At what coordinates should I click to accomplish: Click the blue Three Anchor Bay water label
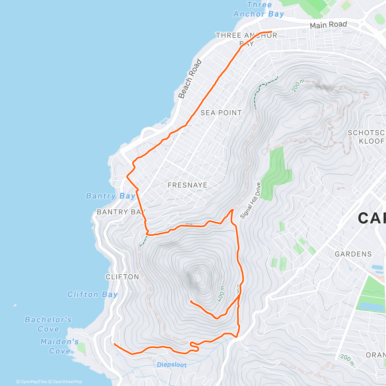point(259,9)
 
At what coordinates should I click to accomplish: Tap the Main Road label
point(328,25)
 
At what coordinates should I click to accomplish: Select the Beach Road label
point(190,79)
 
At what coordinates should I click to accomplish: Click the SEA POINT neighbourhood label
point(221,113)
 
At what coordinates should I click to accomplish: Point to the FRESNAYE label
point(188,185)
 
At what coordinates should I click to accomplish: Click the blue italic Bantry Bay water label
point(110,196)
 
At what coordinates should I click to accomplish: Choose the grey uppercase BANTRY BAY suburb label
point(121,212)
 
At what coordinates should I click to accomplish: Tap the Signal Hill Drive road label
point(250,201)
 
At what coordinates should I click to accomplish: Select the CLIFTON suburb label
point(122,277)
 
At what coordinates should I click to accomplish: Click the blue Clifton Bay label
point(92,295)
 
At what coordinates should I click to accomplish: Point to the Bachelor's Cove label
point(48,324)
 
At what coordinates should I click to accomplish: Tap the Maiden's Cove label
point(60,346)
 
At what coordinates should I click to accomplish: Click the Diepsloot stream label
point(172,365)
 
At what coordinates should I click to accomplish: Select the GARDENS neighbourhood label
point(353,254)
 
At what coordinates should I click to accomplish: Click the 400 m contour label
point(221,294)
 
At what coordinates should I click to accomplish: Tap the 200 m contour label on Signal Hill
point(298,86)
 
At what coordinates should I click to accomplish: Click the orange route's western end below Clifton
point(115,344)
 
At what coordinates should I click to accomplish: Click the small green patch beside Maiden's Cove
point(81,348)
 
